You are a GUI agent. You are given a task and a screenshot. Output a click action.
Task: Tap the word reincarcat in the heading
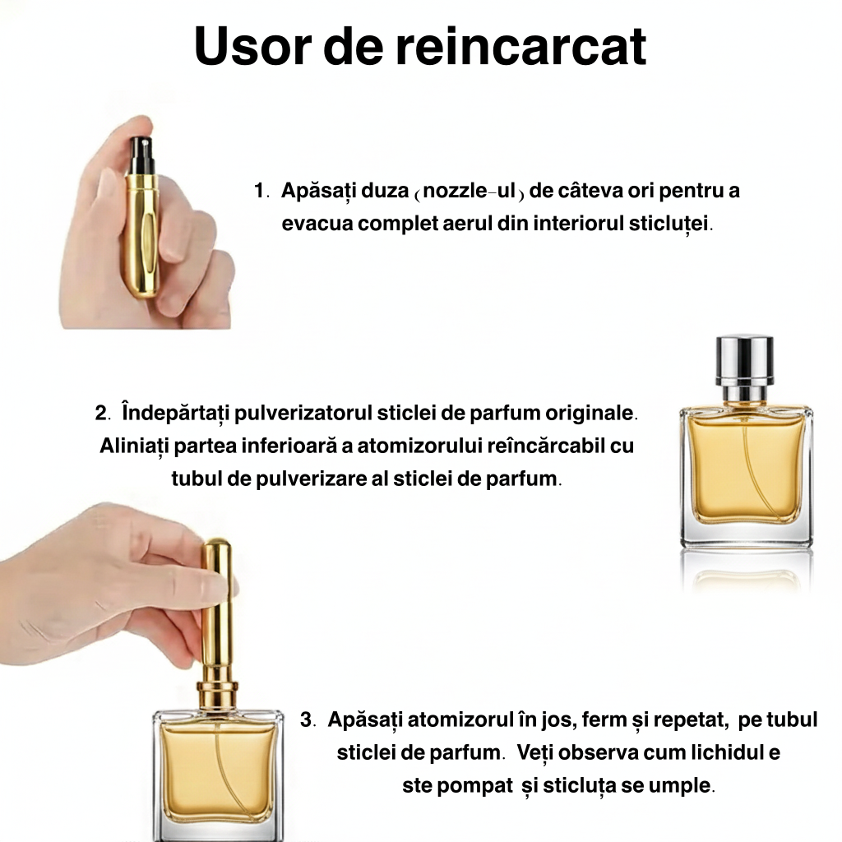[x=520, y=48]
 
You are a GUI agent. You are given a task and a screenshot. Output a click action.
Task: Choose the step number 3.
[x=307, y=720]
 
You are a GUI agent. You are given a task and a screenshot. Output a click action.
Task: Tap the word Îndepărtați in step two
[x=175, y=411]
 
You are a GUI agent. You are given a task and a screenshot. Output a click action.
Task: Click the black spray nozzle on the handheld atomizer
[x=142, y=155]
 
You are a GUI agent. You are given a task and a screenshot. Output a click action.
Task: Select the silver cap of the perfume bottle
[x=745, y=360]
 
